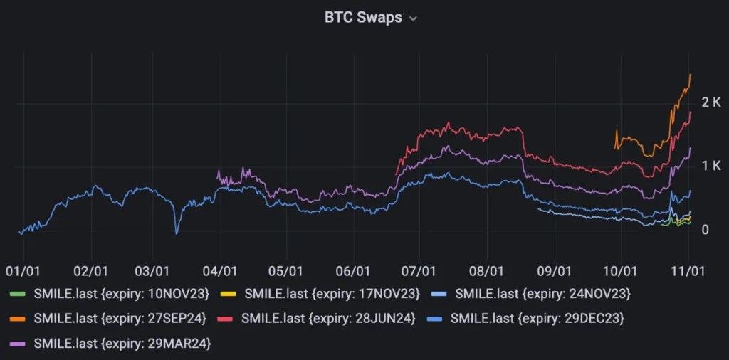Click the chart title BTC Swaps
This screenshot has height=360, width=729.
coord(363,18)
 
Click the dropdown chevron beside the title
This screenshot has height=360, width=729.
coord(413,19)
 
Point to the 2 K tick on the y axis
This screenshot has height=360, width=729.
coord(711,102)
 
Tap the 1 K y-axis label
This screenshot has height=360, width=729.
coord(711,166)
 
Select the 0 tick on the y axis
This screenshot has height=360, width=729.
coord(704,230)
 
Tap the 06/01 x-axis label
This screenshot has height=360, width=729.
coord(352,271)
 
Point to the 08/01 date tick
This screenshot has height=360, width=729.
coord(487,271)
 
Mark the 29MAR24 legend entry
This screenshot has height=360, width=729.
coord(112,344)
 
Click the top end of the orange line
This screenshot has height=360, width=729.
coord(690,75)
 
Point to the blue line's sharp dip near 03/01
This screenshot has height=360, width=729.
coord(177,233)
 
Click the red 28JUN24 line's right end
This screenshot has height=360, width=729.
coord(691,112)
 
